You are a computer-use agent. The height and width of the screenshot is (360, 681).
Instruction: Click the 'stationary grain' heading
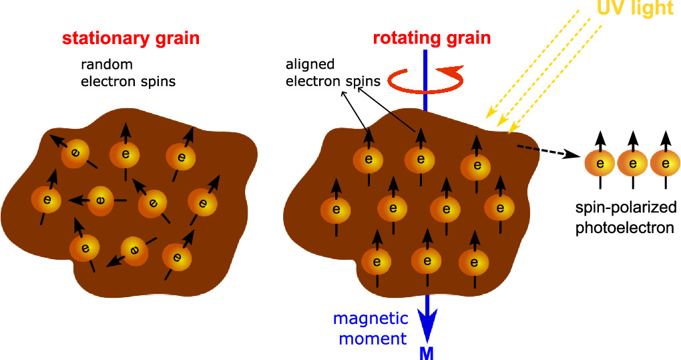pos(130,38)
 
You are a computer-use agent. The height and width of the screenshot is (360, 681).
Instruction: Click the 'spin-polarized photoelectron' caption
pos(624,218)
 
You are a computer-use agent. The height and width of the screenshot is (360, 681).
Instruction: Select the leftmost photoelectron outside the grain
pos(600,163)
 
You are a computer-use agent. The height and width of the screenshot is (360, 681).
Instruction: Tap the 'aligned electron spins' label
pos(332,73)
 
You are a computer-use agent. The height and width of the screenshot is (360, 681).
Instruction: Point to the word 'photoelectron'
pos(624,227)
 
